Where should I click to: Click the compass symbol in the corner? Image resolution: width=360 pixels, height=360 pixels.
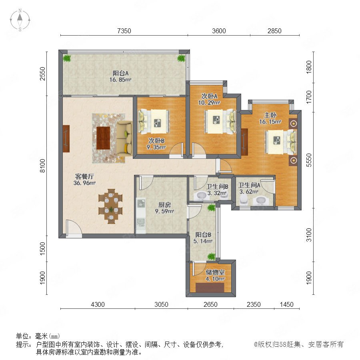click(x=20, y=20)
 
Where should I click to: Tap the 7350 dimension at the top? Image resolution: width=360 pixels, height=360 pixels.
click(x=124, y=31)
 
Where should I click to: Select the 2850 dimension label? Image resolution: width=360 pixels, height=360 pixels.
click(x=274, y=31)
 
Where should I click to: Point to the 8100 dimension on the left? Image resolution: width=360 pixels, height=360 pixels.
click(x=43, y=166)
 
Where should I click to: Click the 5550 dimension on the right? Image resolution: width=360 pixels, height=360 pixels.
click(x=309, y=160)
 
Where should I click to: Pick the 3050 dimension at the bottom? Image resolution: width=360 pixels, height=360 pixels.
click(x=161, y=304)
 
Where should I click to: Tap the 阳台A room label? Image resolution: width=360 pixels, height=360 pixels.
click(x=120, y=73)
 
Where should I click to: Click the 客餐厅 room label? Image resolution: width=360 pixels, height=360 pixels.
click(x=84, y=176)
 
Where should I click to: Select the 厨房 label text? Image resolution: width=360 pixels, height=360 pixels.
click(x=164, y=204)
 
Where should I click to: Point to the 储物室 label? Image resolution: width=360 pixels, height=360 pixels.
click(x=215, y=272)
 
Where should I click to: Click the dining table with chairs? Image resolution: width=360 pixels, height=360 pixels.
click(x=110, y=206)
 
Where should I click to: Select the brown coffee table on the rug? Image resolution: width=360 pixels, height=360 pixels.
click(x=103, y=138)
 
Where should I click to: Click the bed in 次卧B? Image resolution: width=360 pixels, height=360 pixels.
click(x=154, y=122)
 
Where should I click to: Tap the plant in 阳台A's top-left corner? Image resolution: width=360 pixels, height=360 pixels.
click(x=67, y=58)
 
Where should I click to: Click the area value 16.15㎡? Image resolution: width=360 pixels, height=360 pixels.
click(x=270, y=122)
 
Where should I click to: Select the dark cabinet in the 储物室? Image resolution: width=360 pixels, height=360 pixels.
click(x=210, y=288)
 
